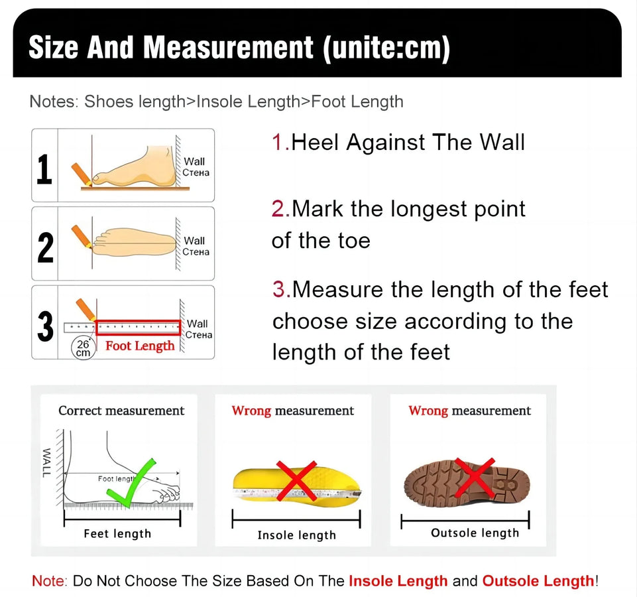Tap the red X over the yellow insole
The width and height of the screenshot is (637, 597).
[296, 481]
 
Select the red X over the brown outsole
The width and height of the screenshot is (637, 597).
[475, 476]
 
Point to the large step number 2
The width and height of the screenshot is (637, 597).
[45, 246]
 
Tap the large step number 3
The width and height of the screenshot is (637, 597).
[45, 326]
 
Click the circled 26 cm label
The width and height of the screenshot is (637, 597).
[84, 348]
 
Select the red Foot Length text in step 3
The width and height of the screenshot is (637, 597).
[140, 346]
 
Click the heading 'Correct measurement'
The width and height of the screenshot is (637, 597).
[121, 411]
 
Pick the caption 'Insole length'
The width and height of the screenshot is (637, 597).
[296, 535]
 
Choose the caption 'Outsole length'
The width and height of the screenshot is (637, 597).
[475, 533]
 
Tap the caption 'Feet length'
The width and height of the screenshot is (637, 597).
[117, 533]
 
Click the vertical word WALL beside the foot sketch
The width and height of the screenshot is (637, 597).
[46, 462]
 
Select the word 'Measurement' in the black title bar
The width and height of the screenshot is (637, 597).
[229, 48]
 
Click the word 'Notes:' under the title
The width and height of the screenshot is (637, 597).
[54, 101]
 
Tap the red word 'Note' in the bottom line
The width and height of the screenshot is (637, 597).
[48, 581]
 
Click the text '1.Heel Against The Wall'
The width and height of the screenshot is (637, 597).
[398, 142]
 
